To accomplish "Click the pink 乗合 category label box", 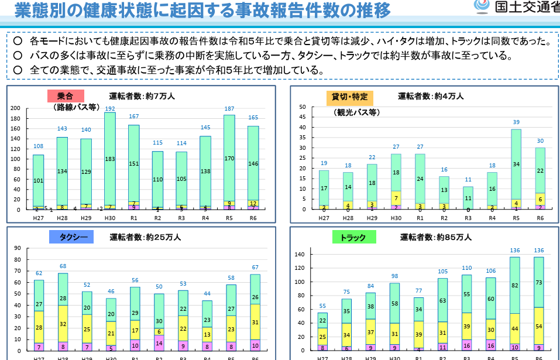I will pyautogui.click(x=66, y=96).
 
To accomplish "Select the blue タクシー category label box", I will pyautogui.click(x=74, y=237).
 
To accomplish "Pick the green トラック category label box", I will pyautogui.click(x=354, y=238).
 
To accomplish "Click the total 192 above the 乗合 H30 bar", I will pyautogui.click(x=110, y=109).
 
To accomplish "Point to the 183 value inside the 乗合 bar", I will pyautogui.click(x=110, y=159).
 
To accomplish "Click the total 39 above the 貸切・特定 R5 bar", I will pyautogui.click(x=516, y=122).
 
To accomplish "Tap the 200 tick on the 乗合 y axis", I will pyautogui.click(x=15, y=108).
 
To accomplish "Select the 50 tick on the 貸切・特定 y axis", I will pyautogui.click(x=303, y=107).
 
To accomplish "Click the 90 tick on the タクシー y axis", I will pyautogui.click(x=17, y=248).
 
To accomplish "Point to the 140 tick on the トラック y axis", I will pyautogui.click(x=301, y=255).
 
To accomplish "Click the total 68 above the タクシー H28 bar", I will pyautogui.click(x=63, y=267).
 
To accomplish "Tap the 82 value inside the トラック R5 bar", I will pyautogui.click(x=516, y=285).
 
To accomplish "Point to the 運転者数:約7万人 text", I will pyautogui.click(x=142, y=96).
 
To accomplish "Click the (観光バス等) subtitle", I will pyautogui.click(x=357, y=112).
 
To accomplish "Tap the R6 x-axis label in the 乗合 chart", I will pyautogui.click(x=253, y=218).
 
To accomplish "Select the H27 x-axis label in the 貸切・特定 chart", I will pyautogui.click(x=324, y=218).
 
